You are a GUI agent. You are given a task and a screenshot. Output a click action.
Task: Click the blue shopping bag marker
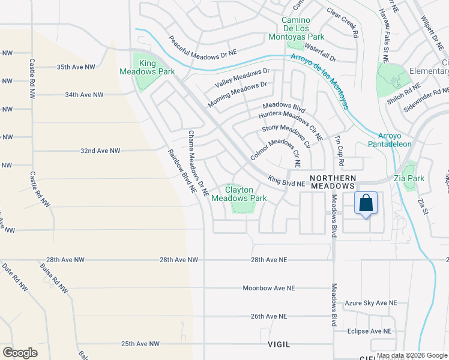(366, 204)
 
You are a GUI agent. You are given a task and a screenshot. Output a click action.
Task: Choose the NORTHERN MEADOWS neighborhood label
(333, 182)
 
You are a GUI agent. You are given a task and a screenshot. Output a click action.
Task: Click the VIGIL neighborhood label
(279, 344)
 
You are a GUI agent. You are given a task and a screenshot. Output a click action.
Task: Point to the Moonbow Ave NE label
(269, 288)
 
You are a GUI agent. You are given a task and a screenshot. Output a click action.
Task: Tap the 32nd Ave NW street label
(101, 151)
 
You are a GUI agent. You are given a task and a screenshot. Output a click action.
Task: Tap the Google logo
(20, 352)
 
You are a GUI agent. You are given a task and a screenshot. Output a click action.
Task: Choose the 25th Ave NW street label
(140, 344)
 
